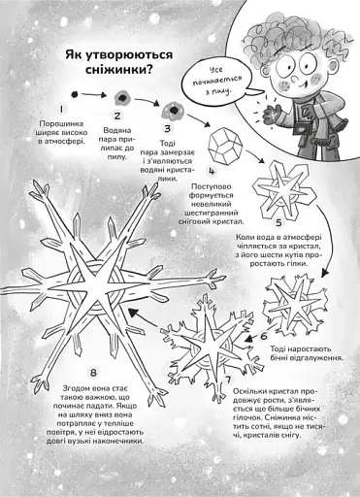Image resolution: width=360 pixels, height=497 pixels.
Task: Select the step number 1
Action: [61, 111]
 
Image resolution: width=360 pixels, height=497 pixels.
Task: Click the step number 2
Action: [116, 116]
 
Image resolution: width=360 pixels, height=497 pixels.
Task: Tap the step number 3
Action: [168, 127]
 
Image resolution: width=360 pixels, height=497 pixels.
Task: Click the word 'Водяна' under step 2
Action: [117, 130]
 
